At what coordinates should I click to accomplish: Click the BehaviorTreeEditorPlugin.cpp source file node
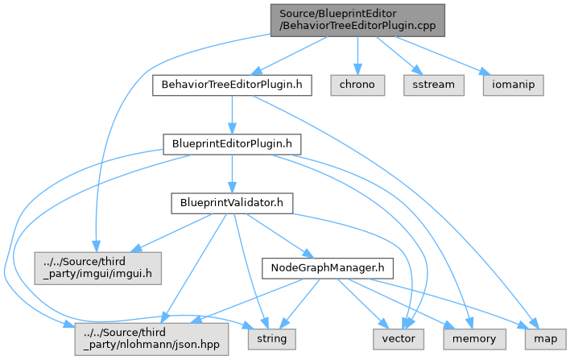pos(357,19)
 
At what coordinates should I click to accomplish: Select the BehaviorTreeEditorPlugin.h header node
pos(231,85)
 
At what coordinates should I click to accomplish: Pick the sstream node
pos(434,85)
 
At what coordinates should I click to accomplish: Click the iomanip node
pos(513,85)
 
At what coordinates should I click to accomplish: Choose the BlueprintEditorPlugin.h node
pos(232,144)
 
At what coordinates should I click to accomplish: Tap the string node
pos(271,339)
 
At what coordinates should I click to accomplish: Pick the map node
pos(545,339)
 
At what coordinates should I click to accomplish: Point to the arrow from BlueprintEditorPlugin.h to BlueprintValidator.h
pos(232,174)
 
